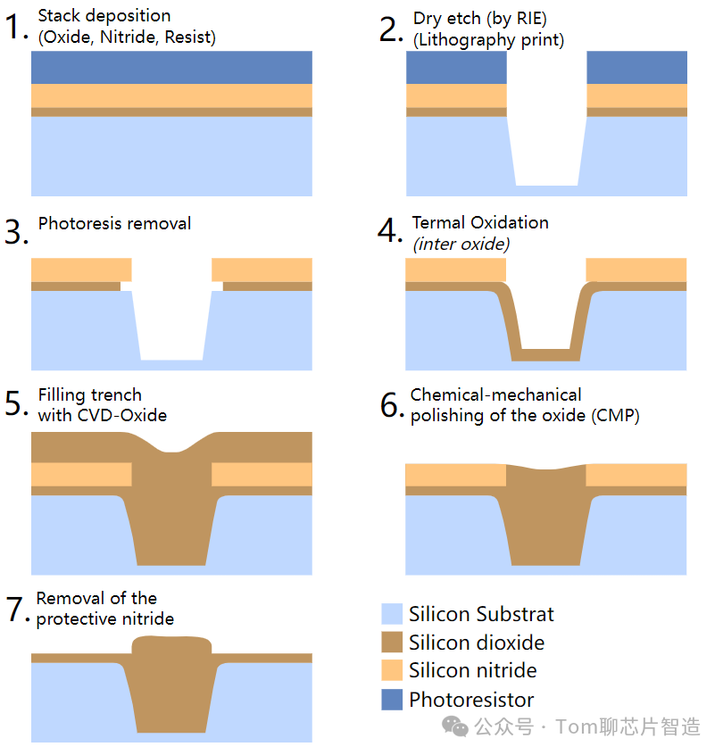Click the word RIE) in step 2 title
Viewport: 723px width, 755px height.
[x=532, y=19]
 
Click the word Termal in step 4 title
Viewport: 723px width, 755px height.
[x=438, y=222]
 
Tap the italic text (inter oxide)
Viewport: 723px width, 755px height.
[x=461, y=245]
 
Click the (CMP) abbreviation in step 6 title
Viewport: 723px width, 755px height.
[x=615, y=416]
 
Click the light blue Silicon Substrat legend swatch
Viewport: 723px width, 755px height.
[x=392, y=614]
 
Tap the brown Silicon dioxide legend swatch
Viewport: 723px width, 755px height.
[x=392, y=642]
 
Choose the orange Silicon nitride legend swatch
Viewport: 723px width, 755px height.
[x=392, y=670]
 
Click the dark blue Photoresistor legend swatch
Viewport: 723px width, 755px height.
[x=392, y=699]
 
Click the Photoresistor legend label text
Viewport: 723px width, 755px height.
[x=471, y=700]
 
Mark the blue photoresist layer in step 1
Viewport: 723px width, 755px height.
[x=171, y=68]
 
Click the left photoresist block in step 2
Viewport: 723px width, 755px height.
[x=457, y=68]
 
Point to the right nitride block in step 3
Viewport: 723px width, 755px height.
[x=262, y=270]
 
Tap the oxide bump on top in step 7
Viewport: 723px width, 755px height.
[x=171, y=644]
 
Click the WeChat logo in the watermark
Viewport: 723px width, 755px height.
[x=455, y=726]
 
